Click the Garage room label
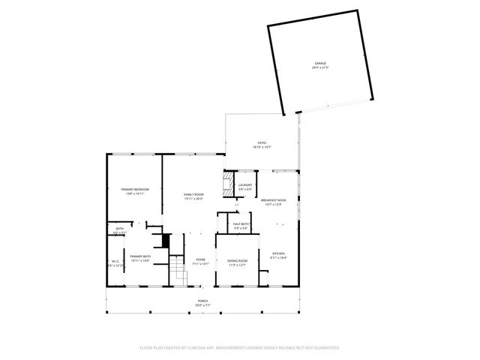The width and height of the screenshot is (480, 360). (320, 63)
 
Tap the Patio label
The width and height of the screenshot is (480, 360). (262, 142)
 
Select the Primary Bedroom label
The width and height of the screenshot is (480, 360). (135, 190)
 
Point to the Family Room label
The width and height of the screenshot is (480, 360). (194, 194)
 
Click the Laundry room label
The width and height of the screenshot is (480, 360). (245, 185)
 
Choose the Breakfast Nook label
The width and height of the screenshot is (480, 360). (273, 199)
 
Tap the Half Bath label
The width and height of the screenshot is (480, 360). (241, 224)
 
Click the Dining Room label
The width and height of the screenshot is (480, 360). (237, 260)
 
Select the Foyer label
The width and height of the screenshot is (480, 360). (199, 260)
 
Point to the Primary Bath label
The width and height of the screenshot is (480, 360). (140, 256)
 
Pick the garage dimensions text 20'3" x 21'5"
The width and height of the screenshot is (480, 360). (320, 67)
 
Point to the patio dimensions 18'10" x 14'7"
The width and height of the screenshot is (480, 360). (262, 147)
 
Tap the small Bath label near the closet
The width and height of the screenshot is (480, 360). (119, 229)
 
